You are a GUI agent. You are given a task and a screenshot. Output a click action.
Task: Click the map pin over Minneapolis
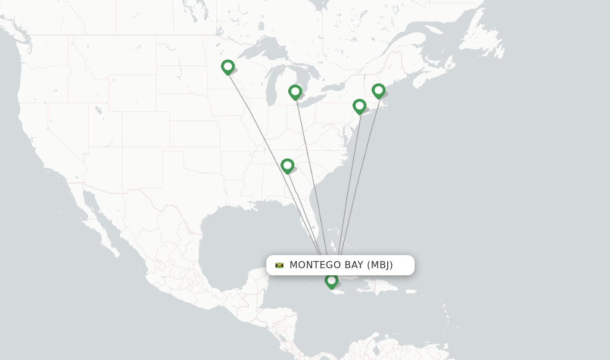pyautogui.click(x=228, y=67)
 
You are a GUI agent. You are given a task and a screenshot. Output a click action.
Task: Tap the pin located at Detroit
pyautogui.click(x=295, y=92)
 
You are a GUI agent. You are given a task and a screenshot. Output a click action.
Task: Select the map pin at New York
pyautogui.click(x=359, y=106)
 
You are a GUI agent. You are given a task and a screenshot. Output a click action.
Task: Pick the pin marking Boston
pyautogui.click(x=378, y=91)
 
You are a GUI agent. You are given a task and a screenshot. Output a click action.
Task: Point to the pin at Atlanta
pyautogui.click(x=287, y=165)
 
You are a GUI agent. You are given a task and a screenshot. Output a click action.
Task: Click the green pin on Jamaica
pyautogui.click(x=331, y=280)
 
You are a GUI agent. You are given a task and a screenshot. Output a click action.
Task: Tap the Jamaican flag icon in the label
pyautogui.click(x=279, y=265)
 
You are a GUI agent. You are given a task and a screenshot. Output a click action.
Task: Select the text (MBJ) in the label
pyautogui.click(x=380, y=265)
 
